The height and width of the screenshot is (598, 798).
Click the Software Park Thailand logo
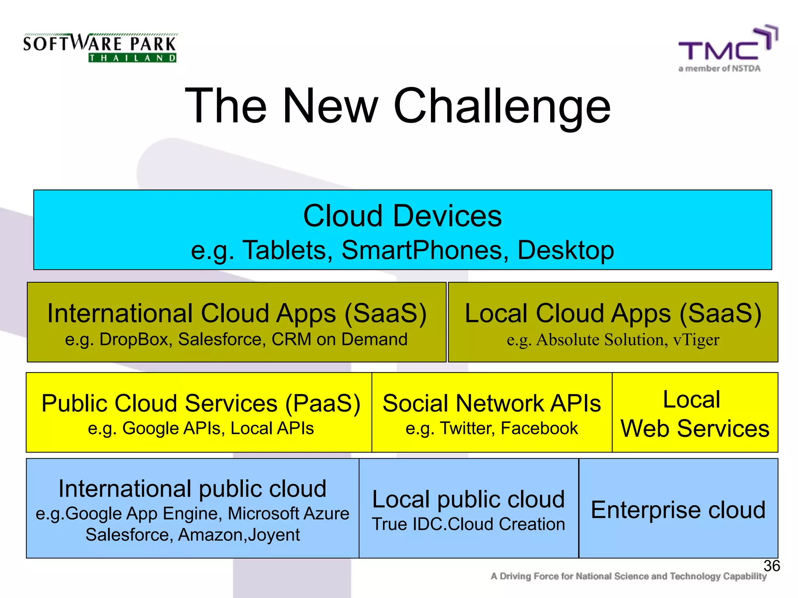100,48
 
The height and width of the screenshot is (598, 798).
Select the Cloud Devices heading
402,216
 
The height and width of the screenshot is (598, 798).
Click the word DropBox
136,339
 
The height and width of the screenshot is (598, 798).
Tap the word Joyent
274,535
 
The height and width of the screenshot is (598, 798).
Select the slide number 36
771,566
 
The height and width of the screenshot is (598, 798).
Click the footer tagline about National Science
628,576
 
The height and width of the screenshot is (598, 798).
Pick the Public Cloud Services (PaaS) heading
201,403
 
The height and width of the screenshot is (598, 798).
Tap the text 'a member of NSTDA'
719,69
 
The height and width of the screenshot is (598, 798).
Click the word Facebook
539,429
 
